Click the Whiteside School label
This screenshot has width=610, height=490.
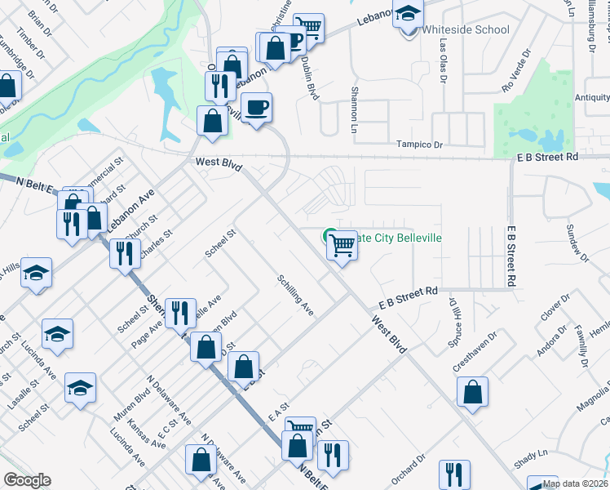click(466, 30)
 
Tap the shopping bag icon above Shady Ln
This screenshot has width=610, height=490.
click(472, 392)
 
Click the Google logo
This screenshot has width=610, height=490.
click(27, 480)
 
